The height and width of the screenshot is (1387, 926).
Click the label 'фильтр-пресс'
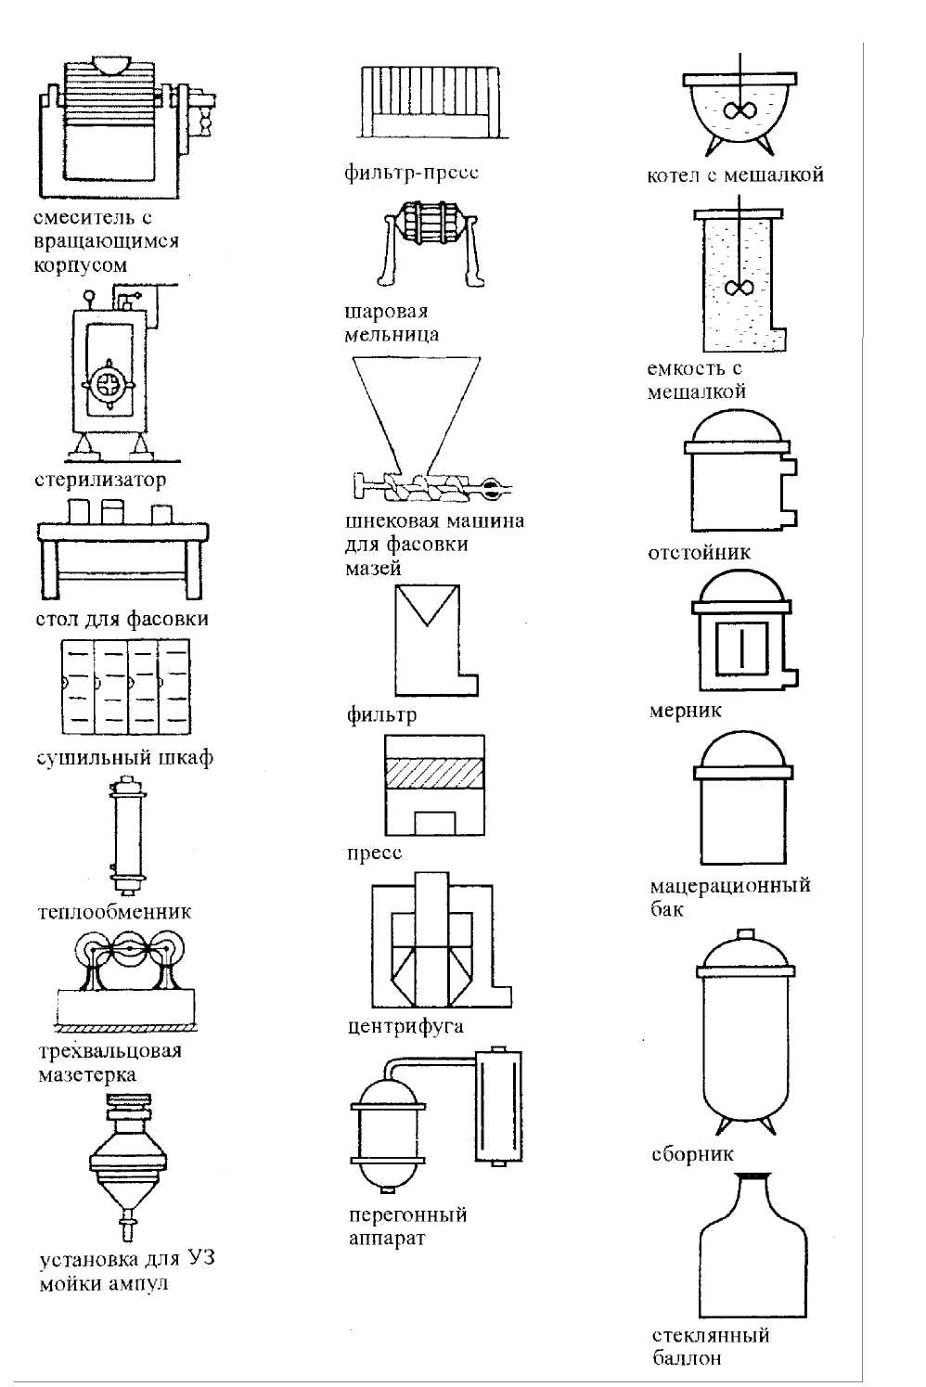coord(411,173)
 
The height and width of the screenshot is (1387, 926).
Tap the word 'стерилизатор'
coord(100,480)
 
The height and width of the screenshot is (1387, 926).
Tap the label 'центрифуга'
coord(405,1027)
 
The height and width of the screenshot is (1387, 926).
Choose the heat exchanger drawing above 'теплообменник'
coord(128,835)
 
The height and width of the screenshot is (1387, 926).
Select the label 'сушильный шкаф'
coord(124,757)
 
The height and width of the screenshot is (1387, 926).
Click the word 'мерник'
coord(685,711)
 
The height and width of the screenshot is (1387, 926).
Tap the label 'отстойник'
coord(700,552)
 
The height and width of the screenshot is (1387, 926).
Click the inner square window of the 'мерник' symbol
coord(741,648)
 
